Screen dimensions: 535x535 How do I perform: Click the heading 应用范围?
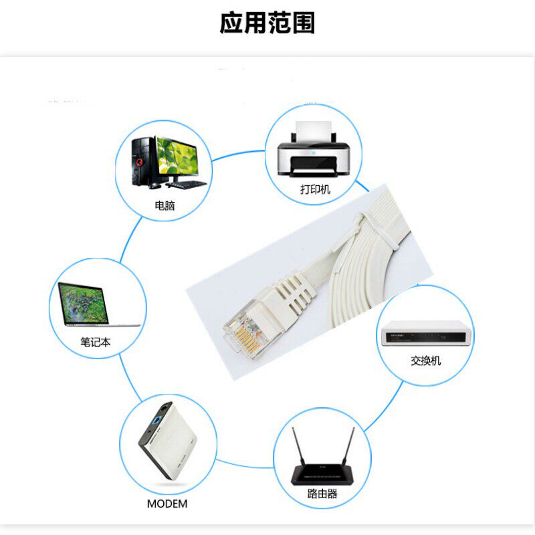pyautogui.click(x=267, y=23)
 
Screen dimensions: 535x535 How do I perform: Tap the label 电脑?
pyautogui.click(x=165, y=206)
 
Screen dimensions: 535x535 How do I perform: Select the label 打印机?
pyautogui.click(x=315, y=190)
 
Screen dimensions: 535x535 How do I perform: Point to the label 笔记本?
pyautogui.click(x=96, y=342)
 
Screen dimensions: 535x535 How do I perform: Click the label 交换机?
pyautogui.click(x=426, y=361)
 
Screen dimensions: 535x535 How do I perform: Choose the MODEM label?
pyautogui.click(x=167, y=504)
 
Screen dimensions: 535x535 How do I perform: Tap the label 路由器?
pyautogui.click(x=322, y=494)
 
